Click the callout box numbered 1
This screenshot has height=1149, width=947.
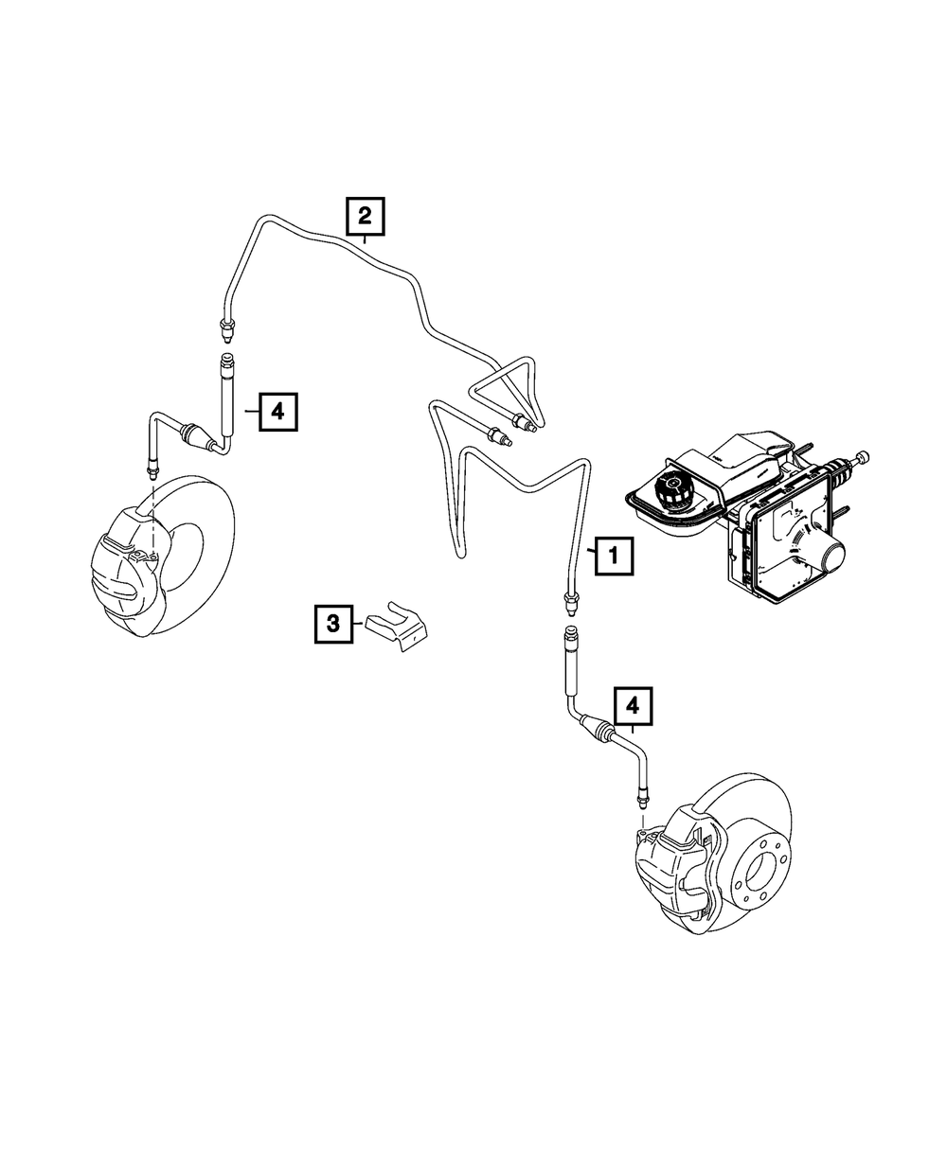[613, 556]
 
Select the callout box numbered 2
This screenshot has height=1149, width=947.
[365, 217]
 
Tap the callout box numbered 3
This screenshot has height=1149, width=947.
[333, 623]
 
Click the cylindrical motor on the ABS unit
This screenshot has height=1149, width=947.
[834, 554]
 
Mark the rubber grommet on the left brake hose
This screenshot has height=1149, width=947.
[196, 437]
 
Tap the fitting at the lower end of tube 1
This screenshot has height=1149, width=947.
[570, 600]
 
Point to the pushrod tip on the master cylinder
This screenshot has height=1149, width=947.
[863, 459]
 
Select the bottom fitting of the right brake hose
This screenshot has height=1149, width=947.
[642, 792]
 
